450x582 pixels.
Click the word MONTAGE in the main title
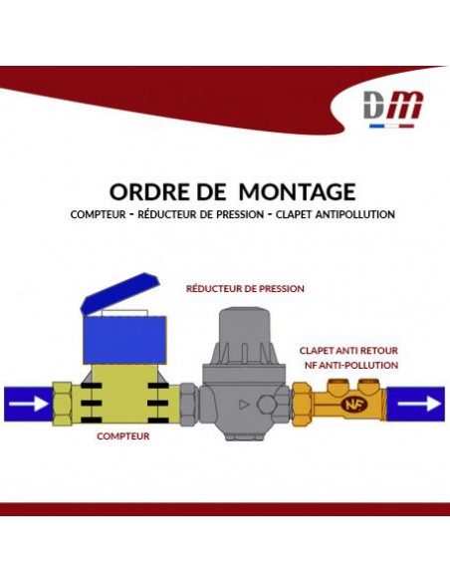pos(297,192)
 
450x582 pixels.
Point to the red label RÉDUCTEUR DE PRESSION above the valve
pos(245,288)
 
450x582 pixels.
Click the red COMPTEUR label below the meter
pos(123,436)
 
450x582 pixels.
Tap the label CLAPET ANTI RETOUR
pos(348,351)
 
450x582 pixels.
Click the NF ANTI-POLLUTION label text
pos(351,365)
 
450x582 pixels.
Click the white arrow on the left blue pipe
pos(29,404)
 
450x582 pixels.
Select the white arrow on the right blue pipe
pos(419,404)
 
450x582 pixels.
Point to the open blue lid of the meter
pos(120,293)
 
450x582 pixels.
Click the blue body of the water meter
pos(124,340)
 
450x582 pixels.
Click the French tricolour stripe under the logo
pos(391,126)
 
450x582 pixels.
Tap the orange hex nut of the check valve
pos(303,405)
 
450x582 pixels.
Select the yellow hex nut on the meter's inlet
pos(63,404)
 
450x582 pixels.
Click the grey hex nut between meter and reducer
pos(188,405)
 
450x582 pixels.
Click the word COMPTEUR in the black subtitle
pos(99,214)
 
